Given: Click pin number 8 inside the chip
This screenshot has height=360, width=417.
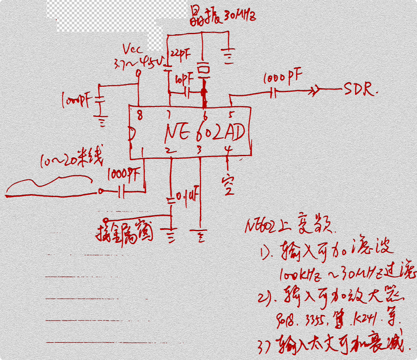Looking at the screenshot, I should [x=140, y=117].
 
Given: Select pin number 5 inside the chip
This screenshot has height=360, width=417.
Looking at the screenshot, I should [x=232, y=116].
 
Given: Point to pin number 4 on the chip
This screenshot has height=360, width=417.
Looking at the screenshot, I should [x=228, y=150].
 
